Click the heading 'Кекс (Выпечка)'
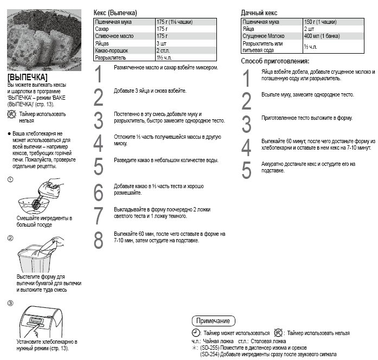116,12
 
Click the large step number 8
98,240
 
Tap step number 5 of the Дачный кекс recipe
246,170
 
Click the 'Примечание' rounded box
214,320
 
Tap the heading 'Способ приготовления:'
274,61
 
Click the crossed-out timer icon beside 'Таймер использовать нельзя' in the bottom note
279,332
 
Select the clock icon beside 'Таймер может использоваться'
196,332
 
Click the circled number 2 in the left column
10,238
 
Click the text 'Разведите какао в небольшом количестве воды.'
166,160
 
